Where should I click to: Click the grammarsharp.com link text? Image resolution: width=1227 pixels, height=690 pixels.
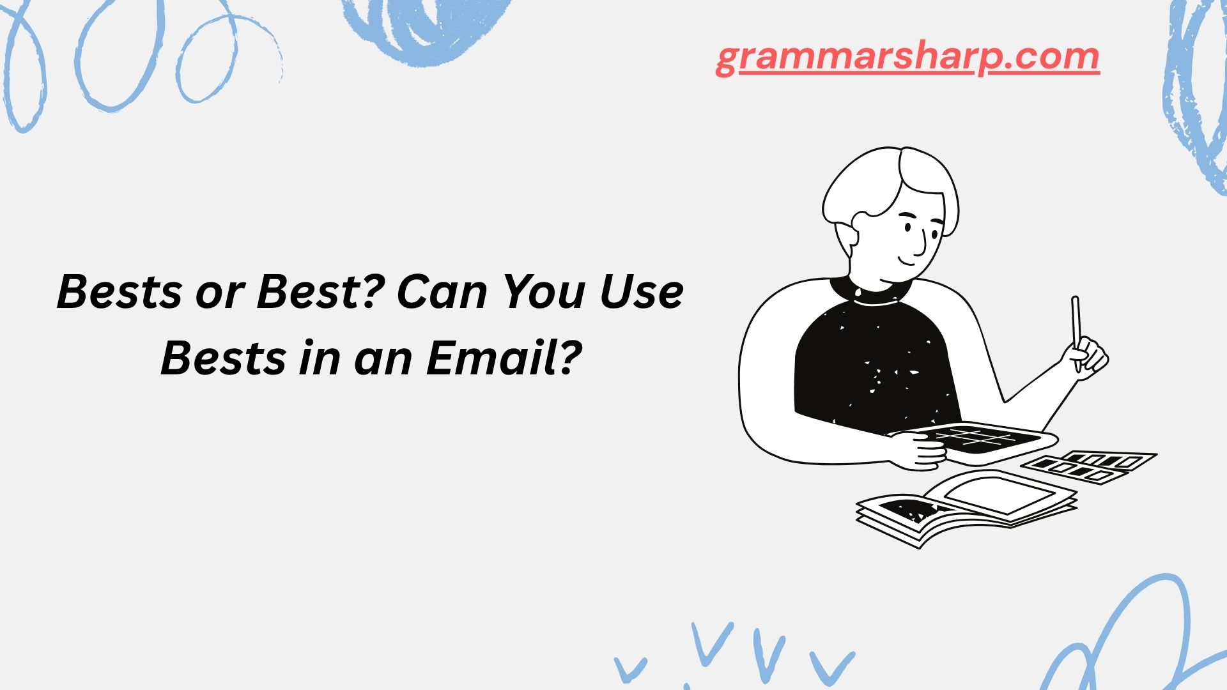pyautogui.click(x=907, y=59)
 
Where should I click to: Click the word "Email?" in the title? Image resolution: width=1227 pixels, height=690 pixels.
pyautogui.click(x=505, y=358)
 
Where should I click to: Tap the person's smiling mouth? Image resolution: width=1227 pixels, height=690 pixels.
pyautogui.click(x=907, y=260)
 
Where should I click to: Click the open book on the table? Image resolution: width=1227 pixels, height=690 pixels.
pyautogui.click(x=966, y=509)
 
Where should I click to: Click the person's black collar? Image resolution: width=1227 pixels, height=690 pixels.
pyautogui.click(x=870, y=291)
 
